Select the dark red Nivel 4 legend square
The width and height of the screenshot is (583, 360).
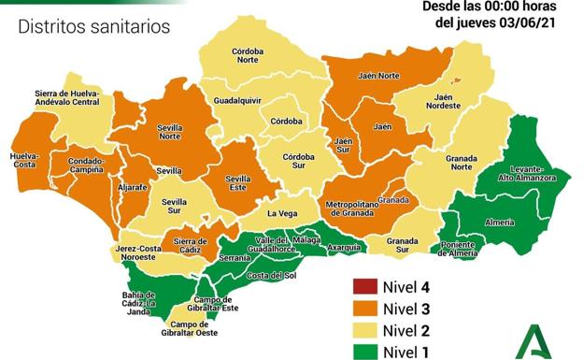[x=363, y=287]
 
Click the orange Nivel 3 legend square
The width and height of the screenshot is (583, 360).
[x=363, y=308]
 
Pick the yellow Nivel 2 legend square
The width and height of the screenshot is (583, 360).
[x=363, y=328]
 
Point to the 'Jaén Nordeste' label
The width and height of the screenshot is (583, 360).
[x=448, y=101]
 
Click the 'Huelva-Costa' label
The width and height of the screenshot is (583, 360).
[x=24, y=160]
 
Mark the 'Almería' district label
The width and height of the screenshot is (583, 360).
[x=501, y=223]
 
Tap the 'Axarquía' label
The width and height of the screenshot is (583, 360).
[x=345, y=248]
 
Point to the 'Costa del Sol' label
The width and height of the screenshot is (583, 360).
[x=271, y=275]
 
